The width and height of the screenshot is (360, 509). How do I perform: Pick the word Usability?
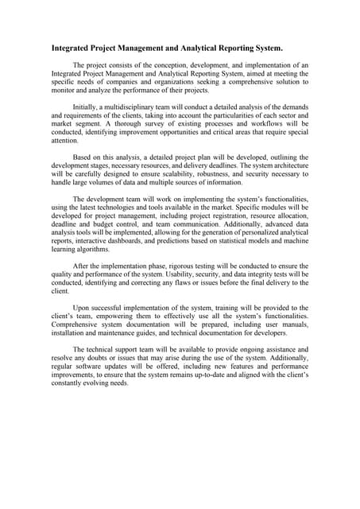pyautogui.click(x=167, y=274)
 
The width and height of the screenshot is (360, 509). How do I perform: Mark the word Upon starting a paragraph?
pyautogui.click(x=82, y=308)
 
